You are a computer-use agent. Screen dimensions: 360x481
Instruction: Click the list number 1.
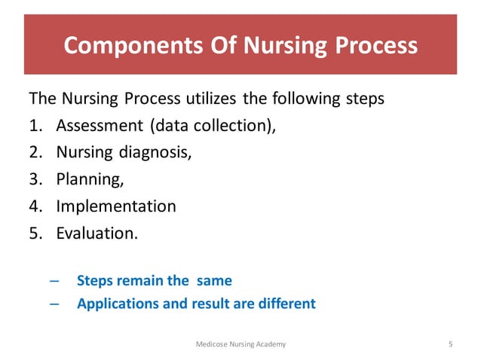(x=35, y=125)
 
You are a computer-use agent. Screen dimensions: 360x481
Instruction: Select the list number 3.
(x=35, y=179)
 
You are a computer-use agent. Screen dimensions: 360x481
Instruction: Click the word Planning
(x=86, y=179)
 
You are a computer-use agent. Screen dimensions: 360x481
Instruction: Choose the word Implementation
(x=116, y=206)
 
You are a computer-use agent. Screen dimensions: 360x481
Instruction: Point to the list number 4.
(x=35, y=206)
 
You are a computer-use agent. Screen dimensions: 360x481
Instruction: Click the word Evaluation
(x=97, y=233)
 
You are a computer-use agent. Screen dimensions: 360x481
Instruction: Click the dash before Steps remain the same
(x=54, y=281)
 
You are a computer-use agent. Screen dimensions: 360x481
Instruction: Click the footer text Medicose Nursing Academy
(x=240, y=343)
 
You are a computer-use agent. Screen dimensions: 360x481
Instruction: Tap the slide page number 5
(x=450, y=343)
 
